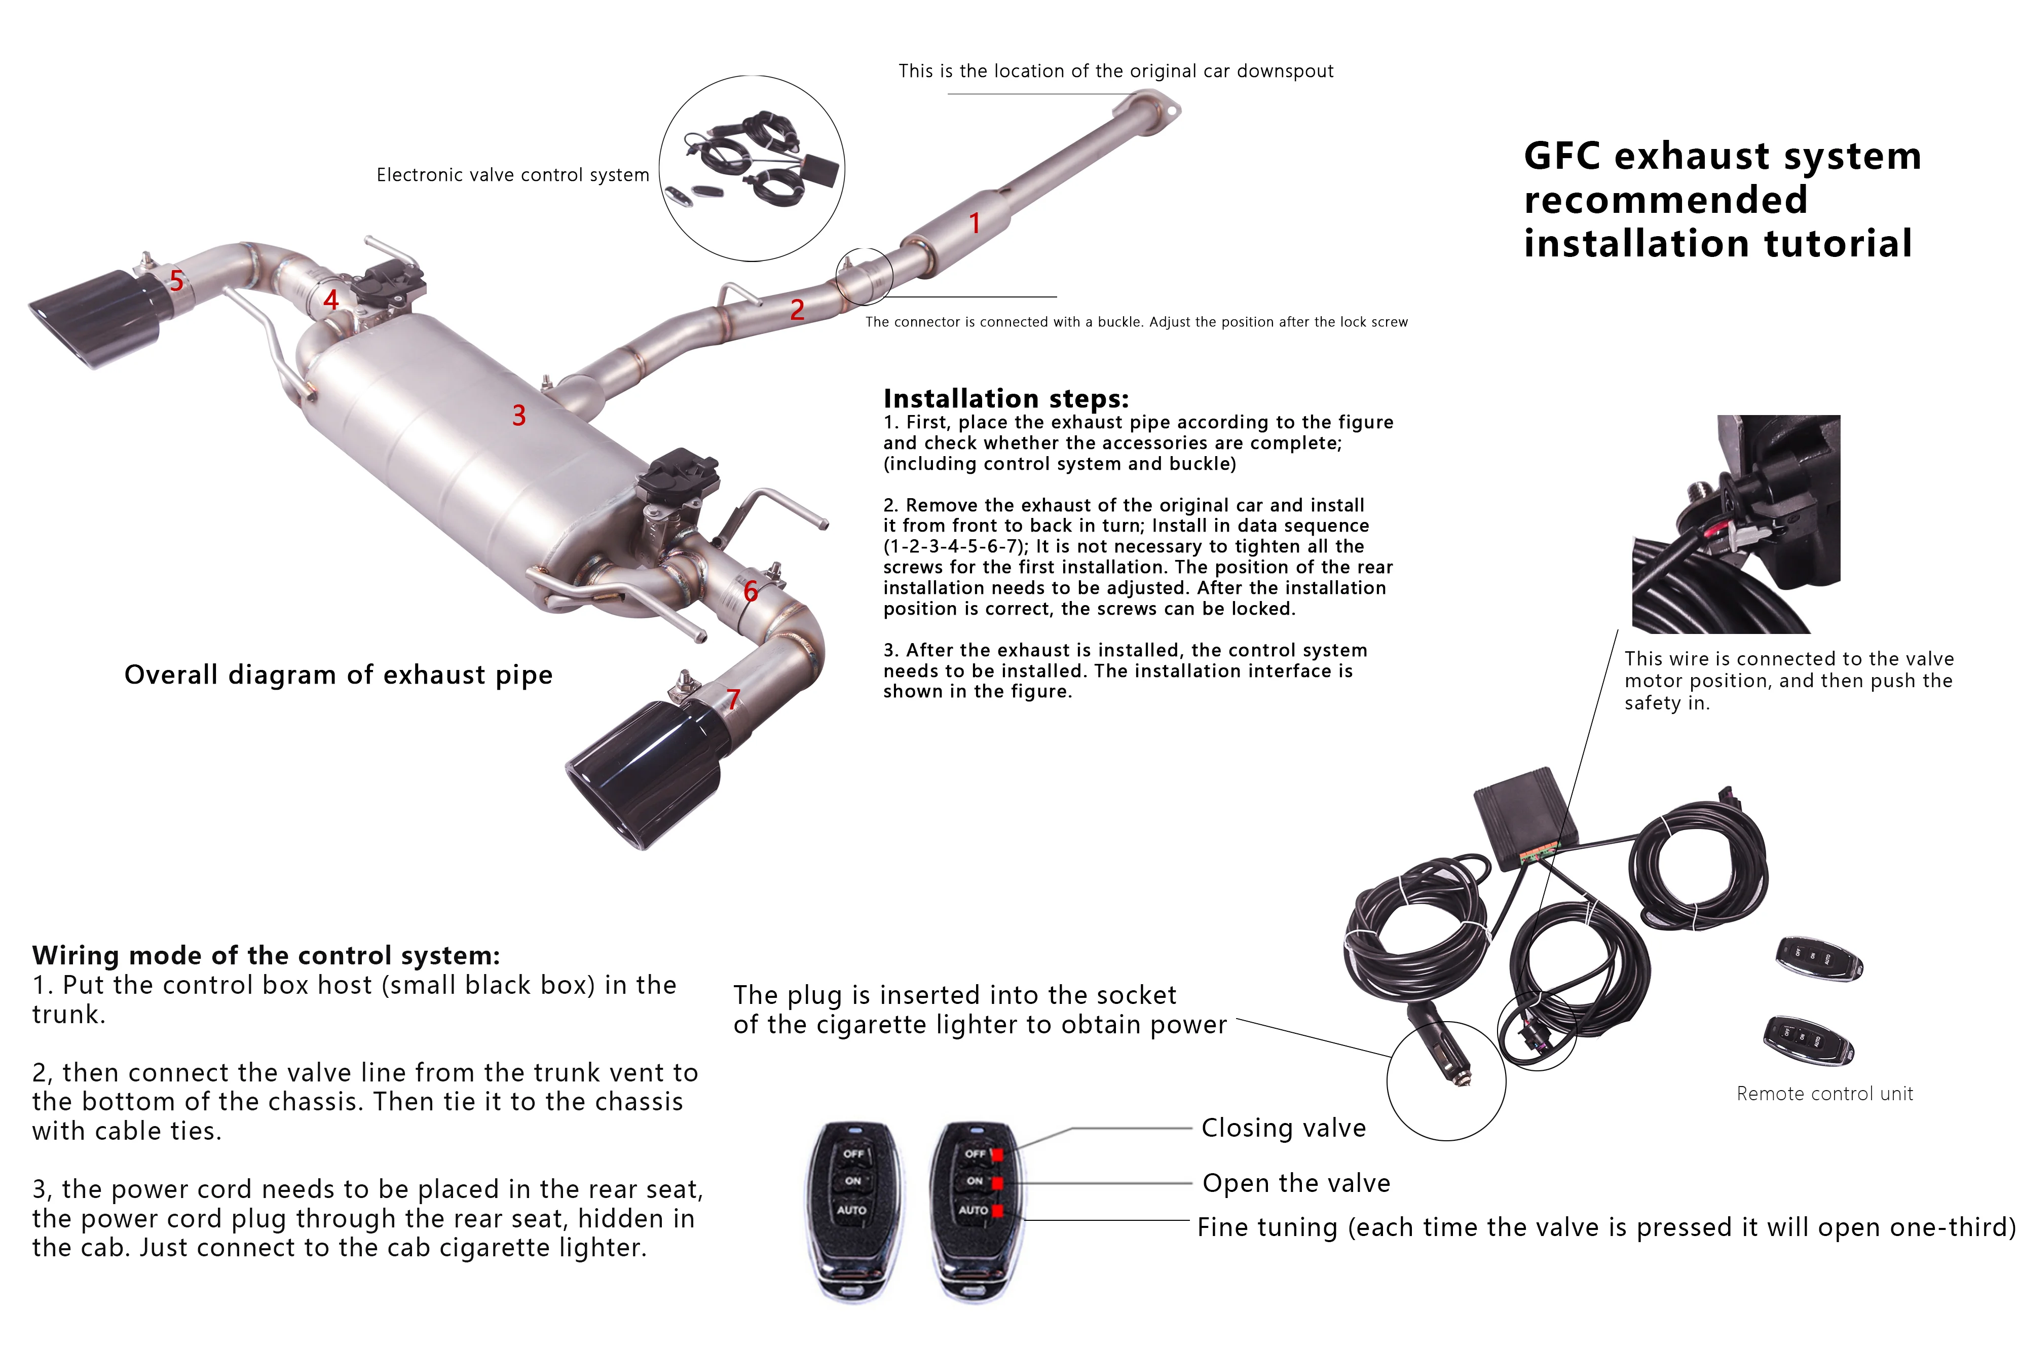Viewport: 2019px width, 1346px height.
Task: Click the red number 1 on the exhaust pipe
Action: click(975, 223)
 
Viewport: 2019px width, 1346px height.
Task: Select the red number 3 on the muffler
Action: click(518, 416)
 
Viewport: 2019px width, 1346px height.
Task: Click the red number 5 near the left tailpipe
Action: click(176, 281)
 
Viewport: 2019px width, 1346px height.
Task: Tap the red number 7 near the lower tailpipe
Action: click(733, 700)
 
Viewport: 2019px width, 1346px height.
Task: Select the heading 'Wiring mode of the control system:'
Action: click(266, 955)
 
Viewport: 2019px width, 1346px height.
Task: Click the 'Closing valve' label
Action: click(1283, 1128)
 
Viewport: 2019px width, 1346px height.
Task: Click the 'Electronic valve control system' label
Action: click(512, 175)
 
